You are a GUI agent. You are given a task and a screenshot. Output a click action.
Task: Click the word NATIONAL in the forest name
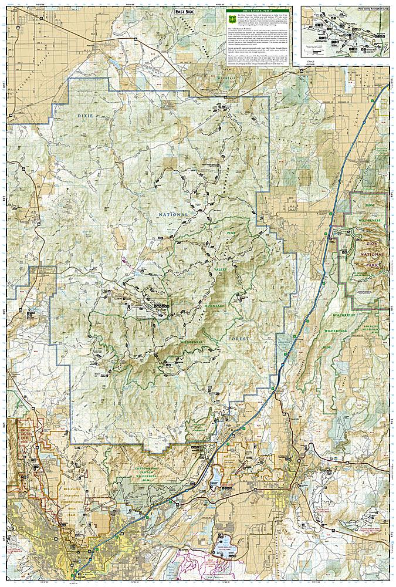pos(173,215)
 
